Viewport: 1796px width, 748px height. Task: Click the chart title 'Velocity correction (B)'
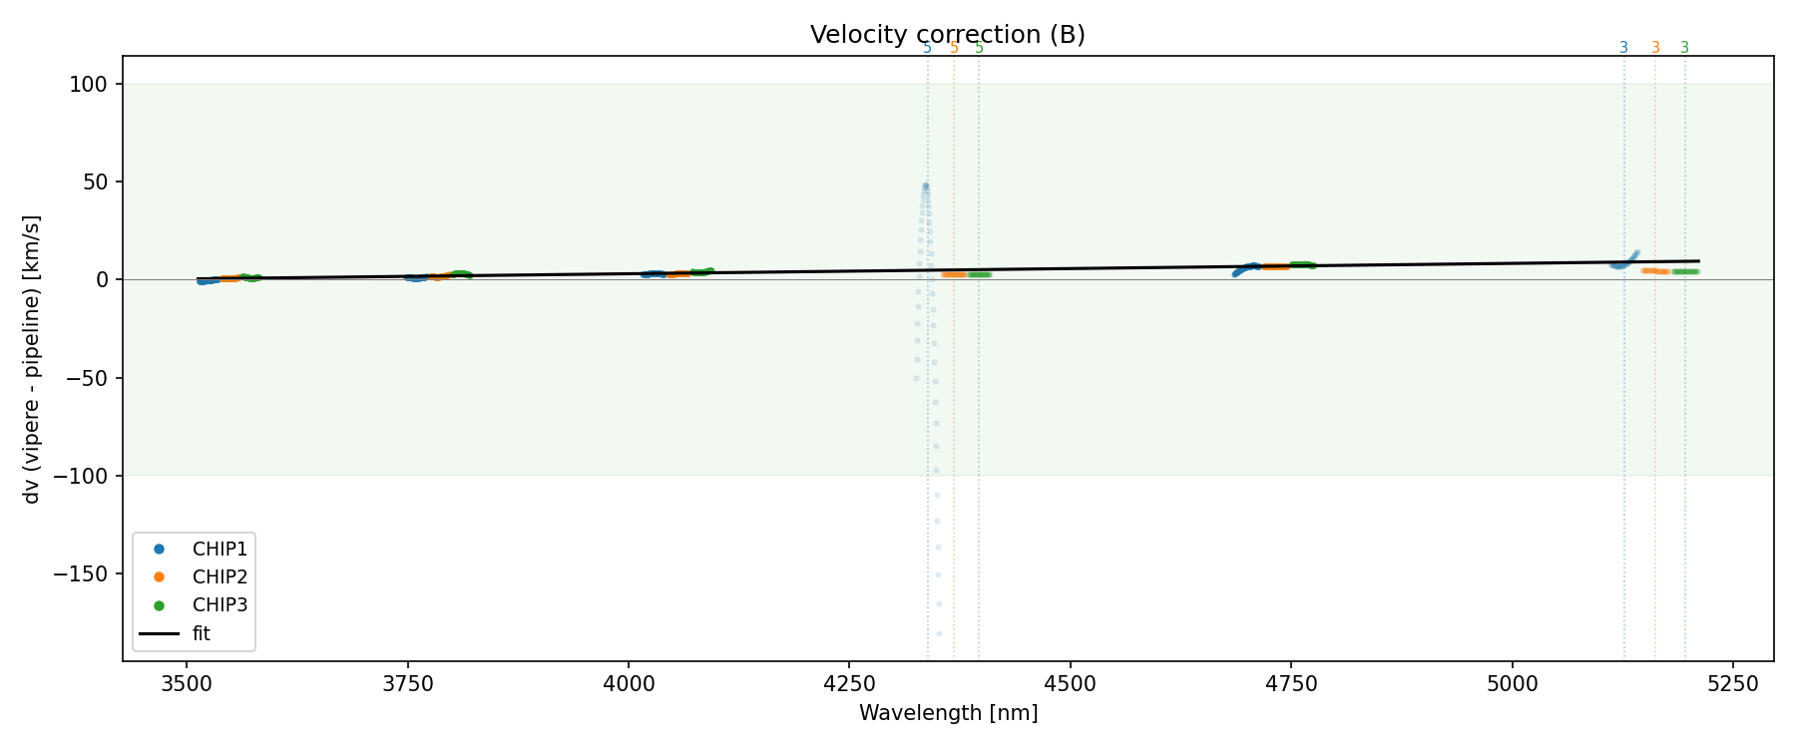[947, 35]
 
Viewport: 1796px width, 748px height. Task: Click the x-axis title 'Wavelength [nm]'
[948, 713]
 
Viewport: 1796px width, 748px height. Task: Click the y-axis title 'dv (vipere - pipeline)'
[32, 359]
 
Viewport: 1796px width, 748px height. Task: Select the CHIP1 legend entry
[220, 549]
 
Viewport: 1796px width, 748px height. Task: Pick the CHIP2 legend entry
[220, 576]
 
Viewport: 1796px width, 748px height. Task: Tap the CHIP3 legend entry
[220, 604]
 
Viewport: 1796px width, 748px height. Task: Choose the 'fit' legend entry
[202, 633]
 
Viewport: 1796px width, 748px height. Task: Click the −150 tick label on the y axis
[86, 573]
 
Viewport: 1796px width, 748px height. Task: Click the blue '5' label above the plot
[927, 48]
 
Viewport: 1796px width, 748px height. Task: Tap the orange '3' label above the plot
[1655, 48]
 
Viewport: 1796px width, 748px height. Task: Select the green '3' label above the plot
[1685, 48]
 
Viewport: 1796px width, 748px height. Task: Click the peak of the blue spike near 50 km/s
[925, 186]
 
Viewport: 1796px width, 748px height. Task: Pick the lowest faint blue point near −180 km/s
[939, 633]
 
